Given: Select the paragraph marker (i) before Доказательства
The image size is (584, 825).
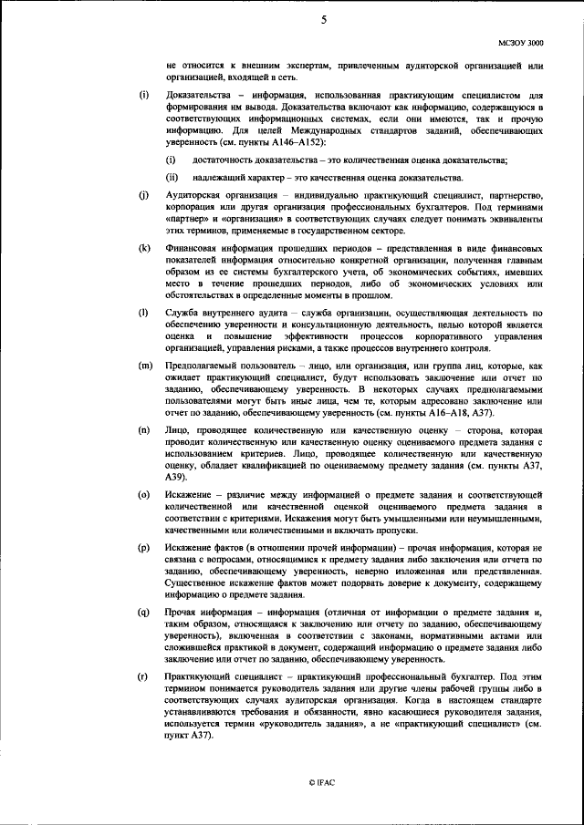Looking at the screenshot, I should [x=143, y=95].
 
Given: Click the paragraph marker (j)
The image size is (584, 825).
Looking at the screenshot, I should [x=143, y=197].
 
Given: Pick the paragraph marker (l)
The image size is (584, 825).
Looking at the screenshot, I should [x=143, y=313].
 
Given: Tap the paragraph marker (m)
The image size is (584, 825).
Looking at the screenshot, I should [x=144, y=365].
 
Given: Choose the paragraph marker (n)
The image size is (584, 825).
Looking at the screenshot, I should [x=144, y=428].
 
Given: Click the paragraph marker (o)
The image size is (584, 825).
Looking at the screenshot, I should [x=144, y=493].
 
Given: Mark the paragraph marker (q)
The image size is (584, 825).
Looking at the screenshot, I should [x=144, y=611].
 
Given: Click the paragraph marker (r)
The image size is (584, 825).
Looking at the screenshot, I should [x=144, y=675].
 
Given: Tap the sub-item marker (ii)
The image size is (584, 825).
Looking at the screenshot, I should [x=172, y=177].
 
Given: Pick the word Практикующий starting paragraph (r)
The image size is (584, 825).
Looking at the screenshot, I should [x=200, y=675].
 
